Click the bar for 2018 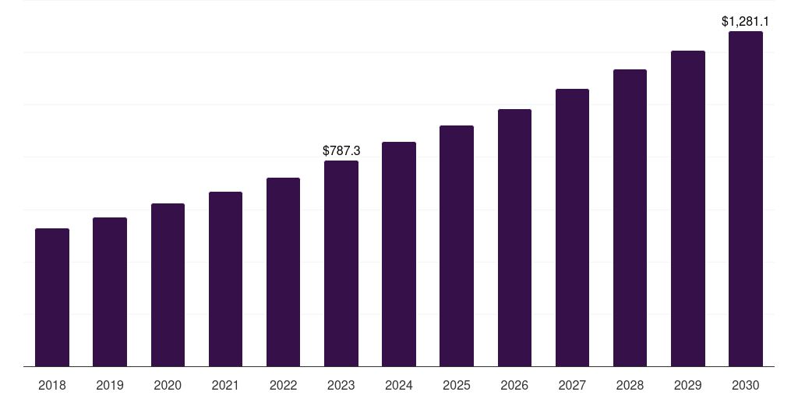tap(52, 297)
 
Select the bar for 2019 tap(110, 291)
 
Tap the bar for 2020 tap(168, 284)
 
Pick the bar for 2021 tap(225, 279)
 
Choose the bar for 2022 tap(283, 272)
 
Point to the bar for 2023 tap(341, 263)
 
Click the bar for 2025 tap(457, 245)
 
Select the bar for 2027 tap(572, 228)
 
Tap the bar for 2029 tap(687, 208)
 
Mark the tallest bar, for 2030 tap(746, 199)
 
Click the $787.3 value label tap(341, 150)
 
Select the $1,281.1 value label tap(746, 21)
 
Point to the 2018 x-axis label tap(52, 385)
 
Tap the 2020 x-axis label tap(168, 385)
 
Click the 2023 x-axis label tap(341, 385)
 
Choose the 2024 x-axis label tap(399, 385)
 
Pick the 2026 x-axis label tap(514, 385)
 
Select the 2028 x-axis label tap(630, 385)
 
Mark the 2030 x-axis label tap(746, 385)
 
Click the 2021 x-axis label tap(225, 385)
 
